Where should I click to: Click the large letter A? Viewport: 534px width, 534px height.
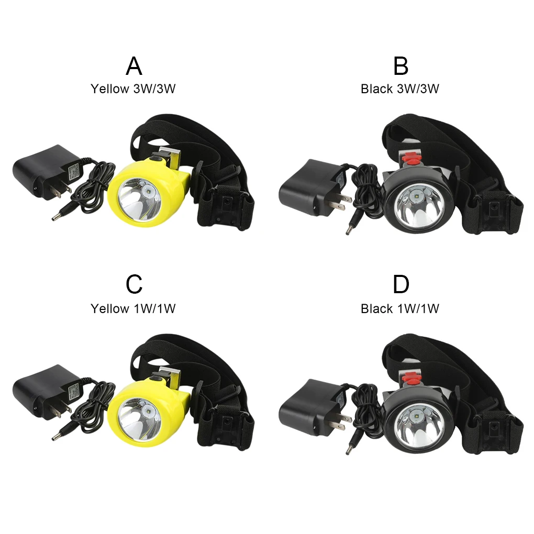point(134,66)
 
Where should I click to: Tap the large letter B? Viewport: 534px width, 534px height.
point(400,66)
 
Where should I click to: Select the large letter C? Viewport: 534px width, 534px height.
point(134,284)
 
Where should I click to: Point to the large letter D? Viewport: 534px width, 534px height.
point(400,284)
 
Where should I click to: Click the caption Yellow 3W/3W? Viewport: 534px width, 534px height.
point(133,89)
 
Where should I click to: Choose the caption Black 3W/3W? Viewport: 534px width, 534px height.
point(400,89)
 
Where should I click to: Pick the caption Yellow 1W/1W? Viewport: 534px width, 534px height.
point(133,309)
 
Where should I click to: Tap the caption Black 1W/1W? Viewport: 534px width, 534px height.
point(400,309)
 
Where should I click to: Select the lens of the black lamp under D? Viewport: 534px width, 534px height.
point(417,424)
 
